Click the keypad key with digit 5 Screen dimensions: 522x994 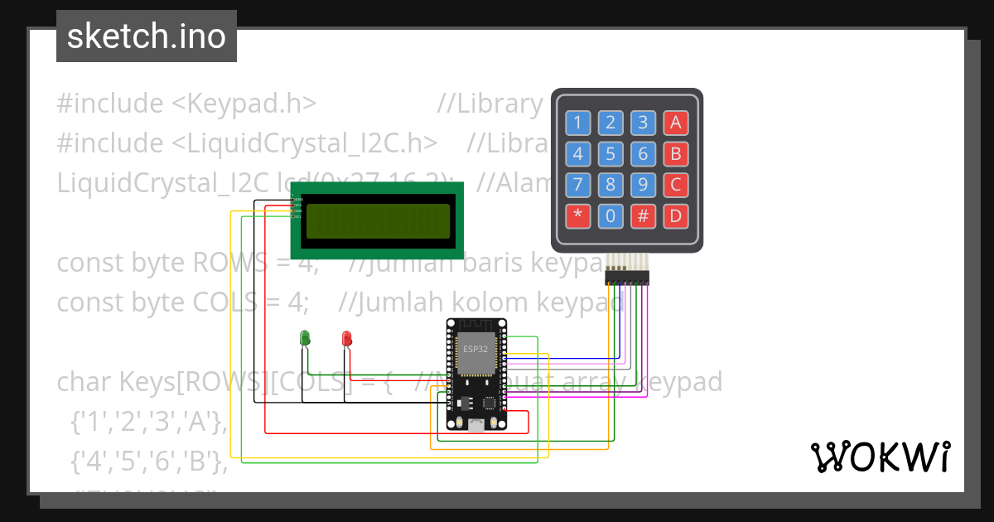click(610, 154)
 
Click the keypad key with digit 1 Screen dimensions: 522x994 click(578, 123)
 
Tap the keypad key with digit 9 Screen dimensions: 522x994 click(642, 185)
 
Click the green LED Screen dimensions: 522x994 click(305, 337)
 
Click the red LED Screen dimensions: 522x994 click(346, 338)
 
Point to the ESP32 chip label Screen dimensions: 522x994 click(475, 349)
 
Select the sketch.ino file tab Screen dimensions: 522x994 click(147, 36)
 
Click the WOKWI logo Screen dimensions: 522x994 click(879, 457)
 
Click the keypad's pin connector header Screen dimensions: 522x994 click(627, 276)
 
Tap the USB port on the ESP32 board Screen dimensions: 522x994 click(476, 426)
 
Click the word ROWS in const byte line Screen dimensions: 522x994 click(226, 263)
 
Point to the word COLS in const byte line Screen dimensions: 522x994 click(226, 302)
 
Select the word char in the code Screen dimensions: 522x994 click(84, 382)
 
